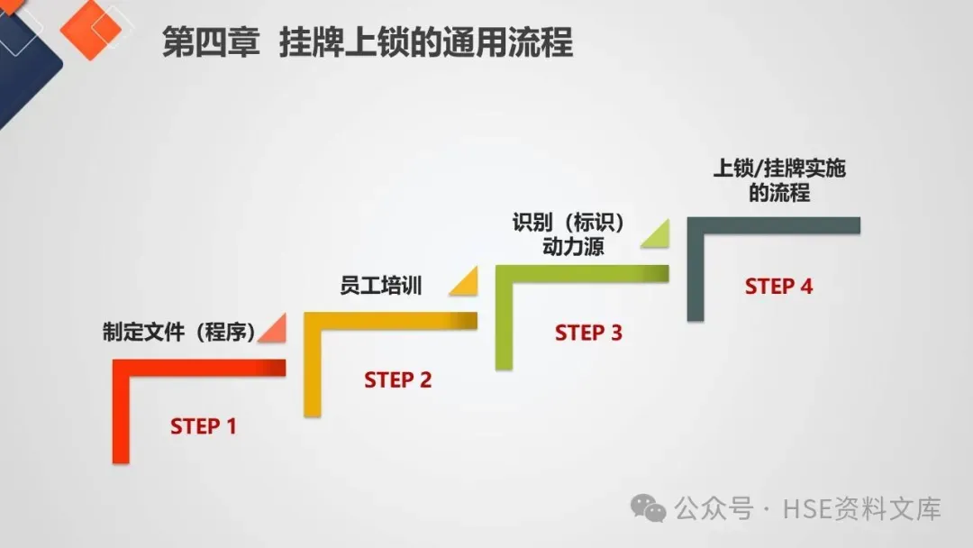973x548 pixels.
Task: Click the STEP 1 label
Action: click(203, 426)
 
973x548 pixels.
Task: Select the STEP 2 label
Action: click(397, 380)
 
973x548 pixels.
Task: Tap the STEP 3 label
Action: click(588, 333)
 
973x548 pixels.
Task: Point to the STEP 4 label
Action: click(778, 287)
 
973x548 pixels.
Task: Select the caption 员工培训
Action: click(381, 287)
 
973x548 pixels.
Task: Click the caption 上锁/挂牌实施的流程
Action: click(780, 180)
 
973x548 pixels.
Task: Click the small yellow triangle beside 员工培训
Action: click(466, 283)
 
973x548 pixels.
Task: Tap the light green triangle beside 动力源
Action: click(657, 234)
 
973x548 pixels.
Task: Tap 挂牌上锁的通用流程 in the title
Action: click(425, 43)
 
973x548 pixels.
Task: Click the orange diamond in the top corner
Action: click(90, 29)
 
